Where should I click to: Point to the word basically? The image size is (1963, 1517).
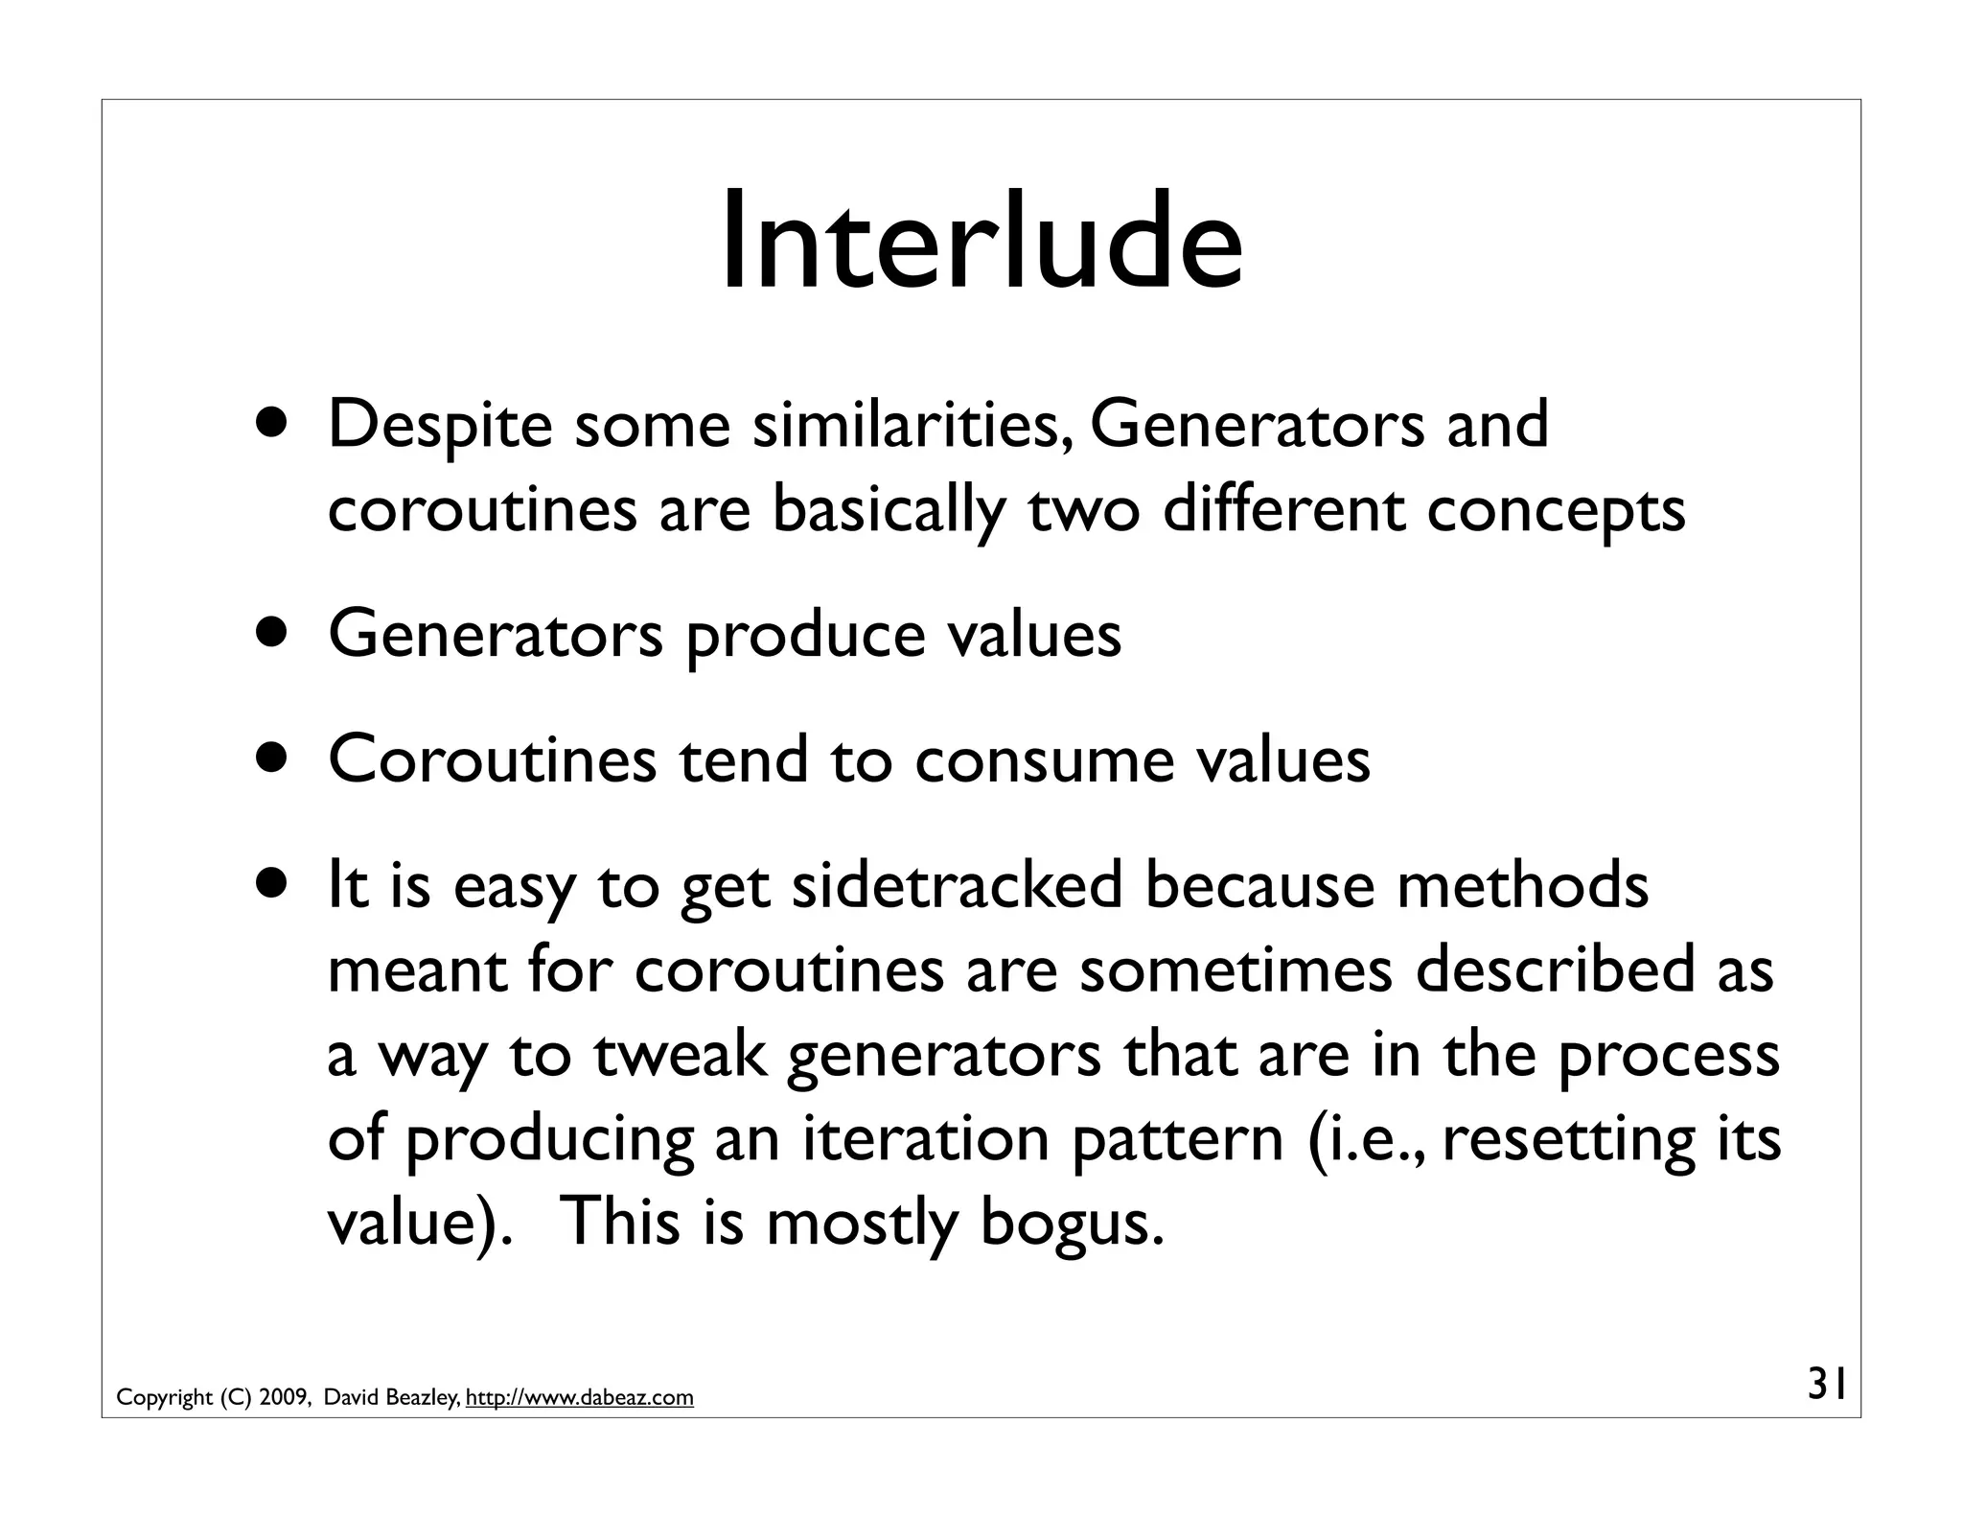pos(888,509)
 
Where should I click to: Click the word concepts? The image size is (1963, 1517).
pos(1555,511)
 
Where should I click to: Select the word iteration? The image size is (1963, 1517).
pos(925,1138)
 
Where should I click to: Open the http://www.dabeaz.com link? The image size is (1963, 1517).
pos(579,1398)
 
